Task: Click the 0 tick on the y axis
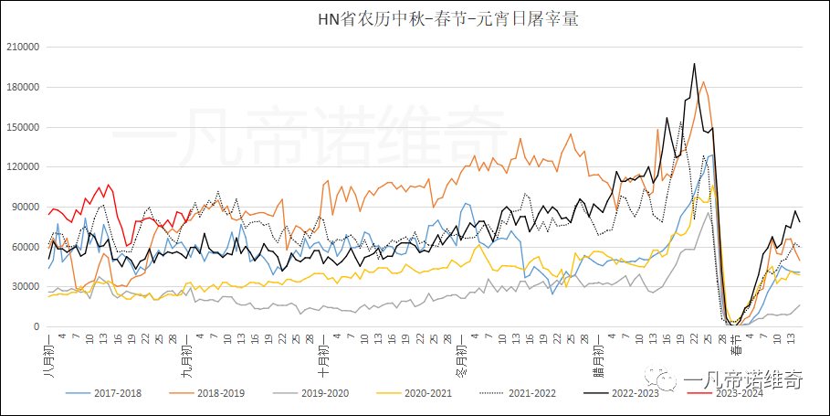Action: (37, 326)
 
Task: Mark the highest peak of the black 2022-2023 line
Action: (695, 64)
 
